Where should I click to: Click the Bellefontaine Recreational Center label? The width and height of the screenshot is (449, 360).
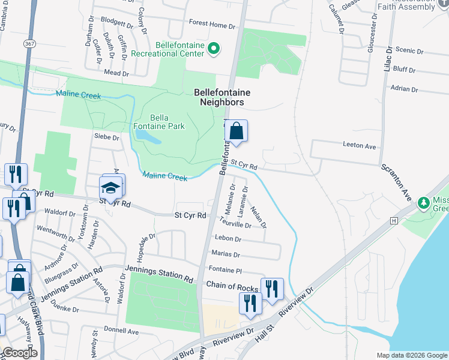coord(179,49)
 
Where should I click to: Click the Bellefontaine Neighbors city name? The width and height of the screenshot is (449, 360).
coord(221,98)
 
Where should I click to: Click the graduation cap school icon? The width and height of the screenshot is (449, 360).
coord(111,188)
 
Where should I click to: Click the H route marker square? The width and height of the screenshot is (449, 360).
coord(394,220)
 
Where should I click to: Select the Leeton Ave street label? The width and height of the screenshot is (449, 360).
coord(359,146)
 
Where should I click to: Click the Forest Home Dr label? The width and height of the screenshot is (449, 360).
coord(212,25)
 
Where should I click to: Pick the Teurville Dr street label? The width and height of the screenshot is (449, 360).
coord(235,224)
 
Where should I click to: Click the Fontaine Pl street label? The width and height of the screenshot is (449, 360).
coord(225,270)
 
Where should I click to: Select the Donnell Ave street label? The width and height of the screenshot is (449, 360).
coord(121,331)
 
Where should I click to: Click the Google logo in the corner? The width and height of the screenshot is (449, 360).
coord(19,353)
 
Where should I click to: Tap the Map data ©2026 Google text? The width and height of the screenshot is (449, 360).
coord(412,355)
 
